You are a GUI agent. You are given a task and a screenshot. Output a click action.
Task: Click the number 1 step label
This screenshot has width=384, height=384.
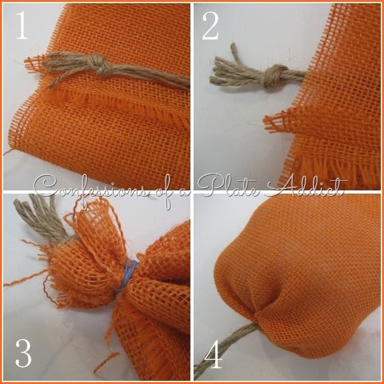pyautogui.click(x=22, y=25)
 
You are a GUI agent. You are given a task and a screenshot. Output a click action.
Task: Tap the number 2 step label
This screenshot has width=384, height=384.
pyautogui.click(x=210, y=26)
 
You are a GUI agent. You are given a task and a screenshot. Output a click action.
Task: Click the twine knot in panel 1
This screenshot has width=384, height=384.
pyautogui.click(x=100, y=63)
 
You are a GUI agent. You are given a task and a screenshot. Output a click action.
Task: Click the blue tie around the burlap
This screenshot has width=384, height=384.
pyautogui.click(x=128, y=277)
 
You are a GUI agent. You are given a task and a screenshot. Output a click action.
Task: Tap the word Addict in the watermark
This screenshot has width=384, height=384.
pyautogui.click(x=306, y=186)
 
